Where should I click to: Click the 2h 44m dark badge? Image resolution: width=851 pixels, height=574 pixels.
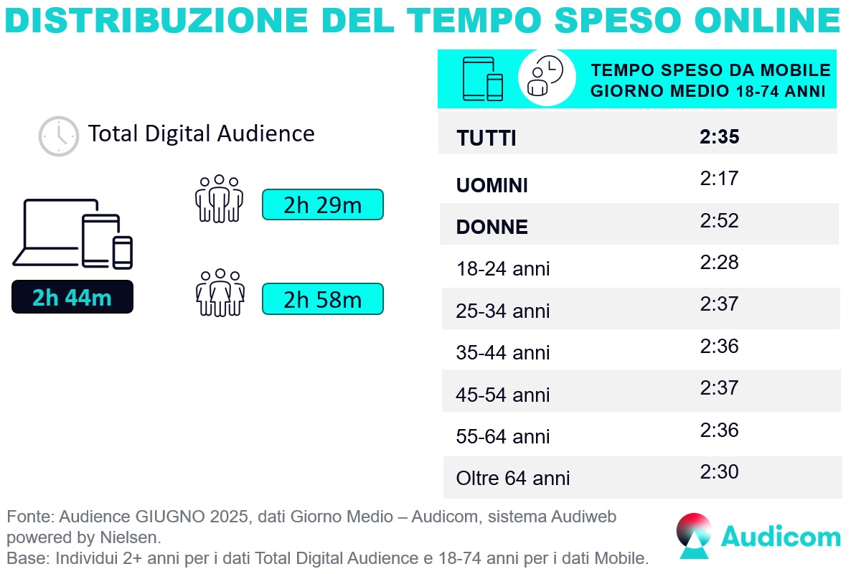point(72,297)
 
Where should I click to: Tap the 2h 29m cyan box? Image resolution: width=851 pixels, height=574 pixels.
point(323,205)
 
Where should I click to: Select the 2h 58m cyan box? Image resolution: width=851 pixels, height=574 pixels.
point(323,299)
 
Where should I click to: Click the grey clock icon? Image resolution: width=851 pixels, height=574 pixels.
point(58,136)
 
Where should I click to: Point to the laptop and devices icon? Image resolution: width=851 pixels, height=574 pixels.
point(72,233)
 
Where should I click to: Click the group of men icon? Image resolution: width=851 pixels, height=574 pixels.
point(220,198)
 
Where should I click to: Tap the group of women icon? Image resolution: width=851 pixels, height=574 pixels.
point(220,292)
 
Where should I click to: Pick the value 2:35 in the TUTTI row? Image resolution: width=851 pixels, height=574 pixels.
point(719,137)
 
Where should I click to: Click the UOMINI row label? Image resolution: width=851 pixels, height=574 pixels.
point(492,186)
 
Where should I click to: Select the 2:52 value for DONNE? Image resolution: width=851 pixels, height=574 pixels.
point(719,221)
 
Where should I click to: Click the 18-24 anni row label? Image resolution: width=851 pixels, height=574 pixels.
point(503,270)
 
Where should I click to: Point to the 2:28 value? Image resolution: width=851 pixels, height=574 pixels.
point(719,263)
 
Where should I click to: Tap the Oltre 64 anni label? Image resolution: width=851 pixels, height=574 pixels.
point(513,479)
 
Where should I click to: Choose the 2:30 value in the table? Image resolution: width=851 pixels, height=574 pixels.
point(719,472)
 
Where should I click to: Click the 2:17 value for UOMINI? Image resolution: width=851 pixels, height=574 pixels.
point(719,179)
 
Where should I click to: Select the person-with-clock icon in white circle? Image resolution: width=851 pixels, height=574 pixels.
point(546,77)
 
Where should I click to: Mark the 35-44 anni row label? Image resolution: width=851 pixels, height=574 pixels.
point(503,353)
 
